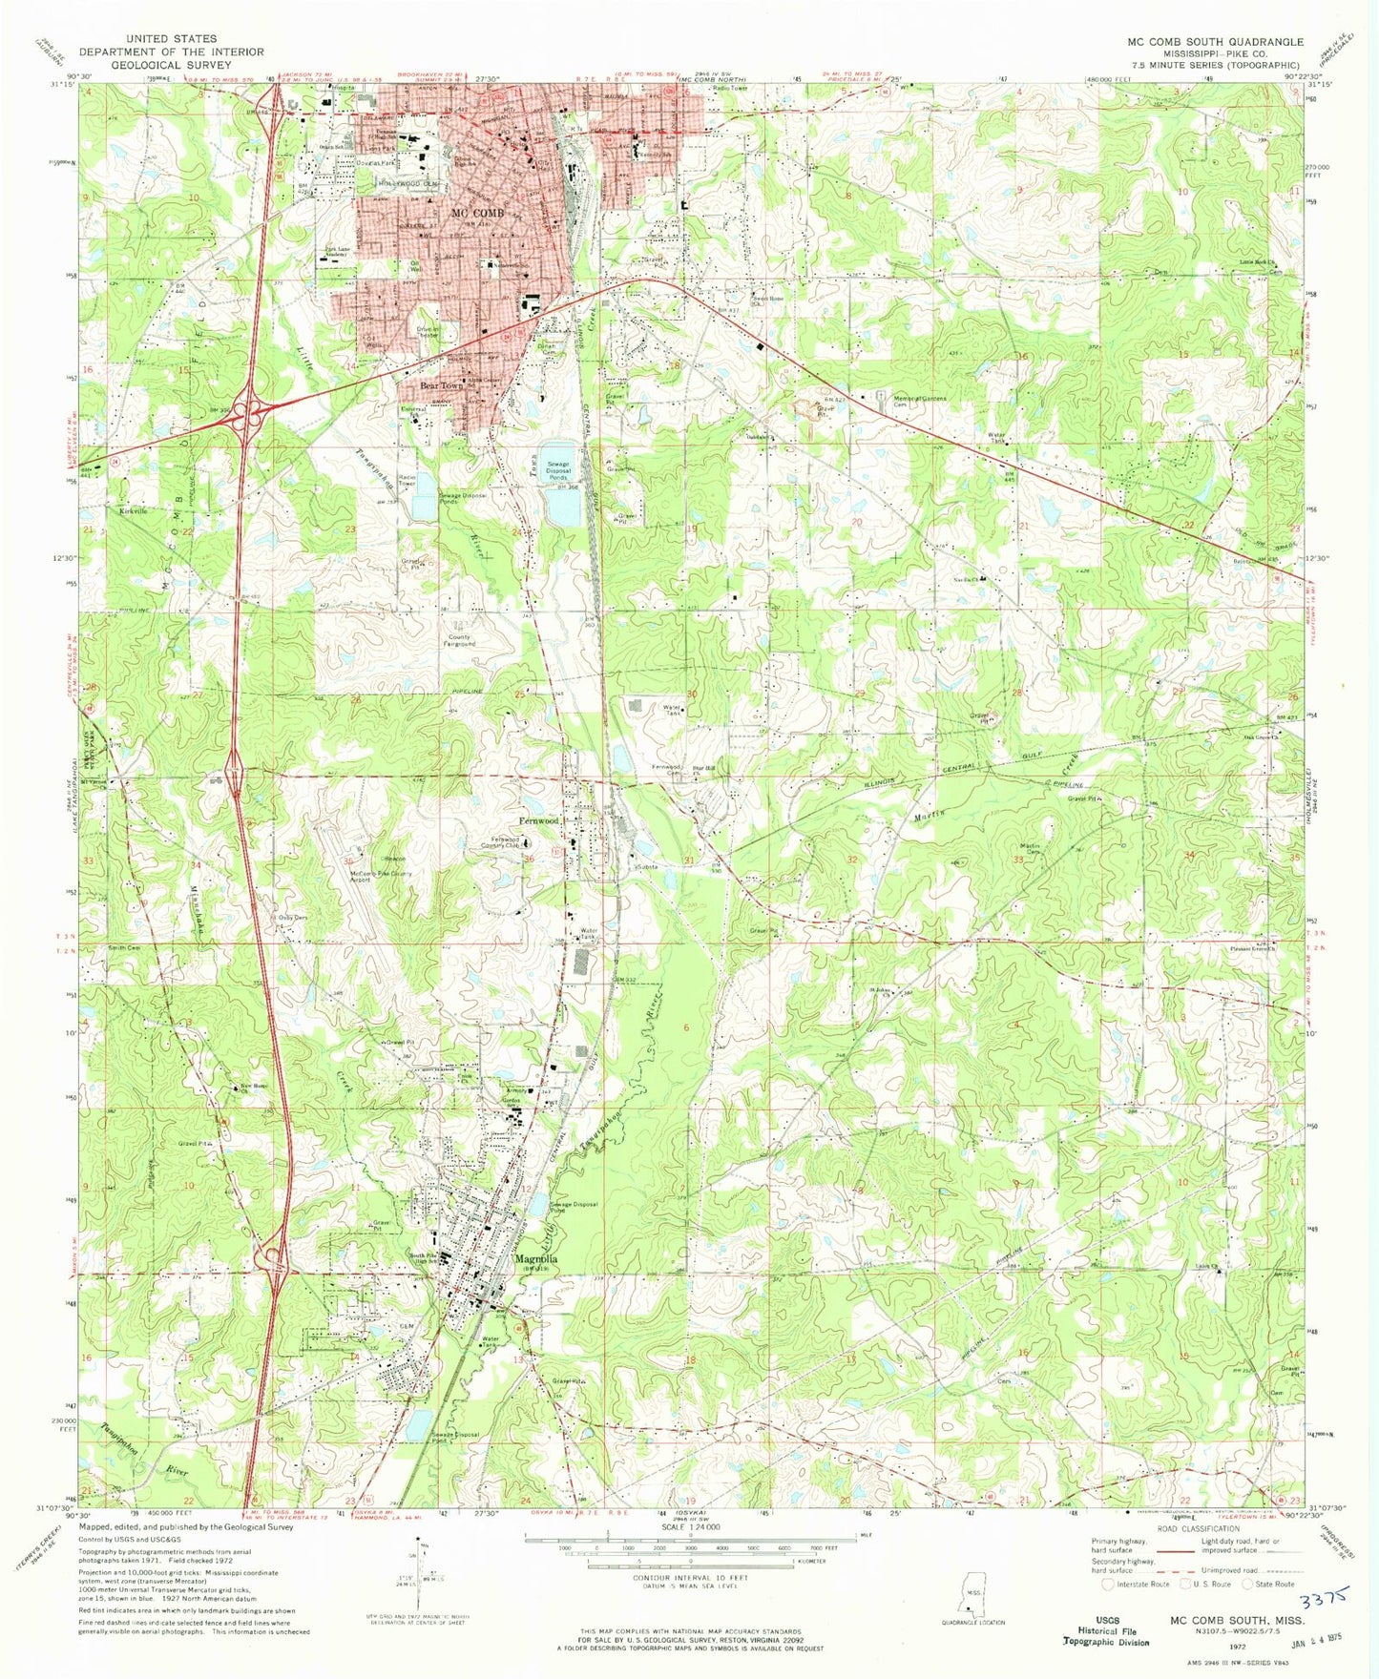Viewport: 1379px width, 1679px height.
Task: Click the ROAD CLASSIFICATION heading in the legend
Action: point(1198,1528)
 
